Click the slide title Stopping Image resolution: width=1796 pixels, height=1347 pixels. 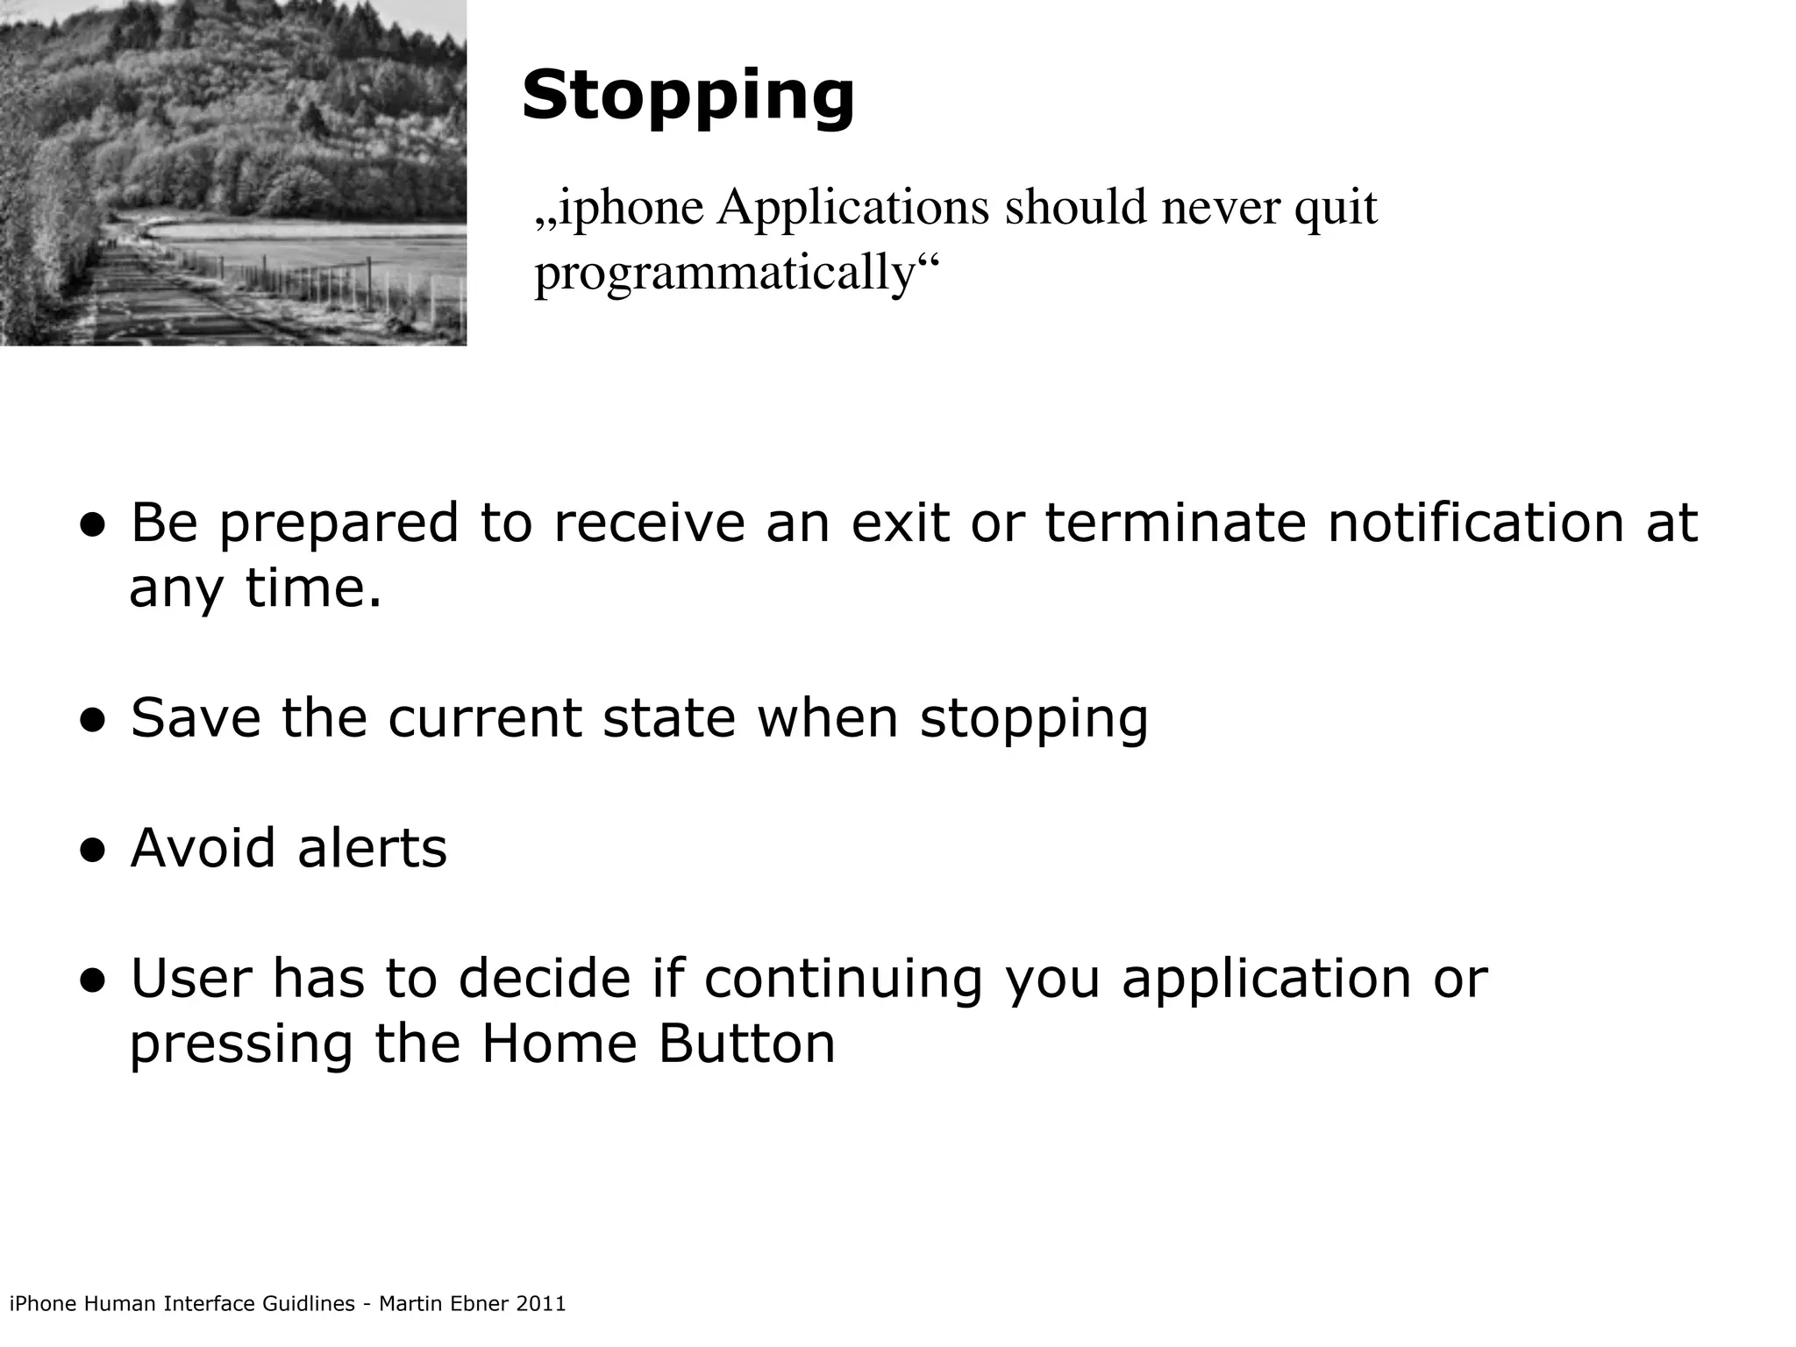[x=688, y=96]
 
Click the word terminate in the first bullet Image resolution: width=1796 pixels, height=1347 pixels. [x=1174, y=524]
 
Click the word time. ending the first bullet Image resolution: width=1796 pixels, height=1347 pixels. [x=313, y=588]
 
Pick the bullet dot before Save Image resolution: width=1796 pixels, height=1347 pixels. [x=92, y=721]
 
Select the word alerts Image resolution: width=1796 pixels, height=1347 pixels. [x=372, y=849]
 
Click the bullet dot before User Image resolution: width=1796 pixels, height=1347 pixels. [x=92, y=981]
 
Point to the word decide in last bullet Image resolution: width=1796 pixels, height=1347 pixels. [x=544, y=979]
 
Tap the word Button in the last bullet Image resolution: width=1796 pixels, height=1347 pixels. [x=746, y=1044]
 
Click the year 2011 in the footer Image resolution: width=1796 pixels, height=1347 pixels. [x=541, y=1304]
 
